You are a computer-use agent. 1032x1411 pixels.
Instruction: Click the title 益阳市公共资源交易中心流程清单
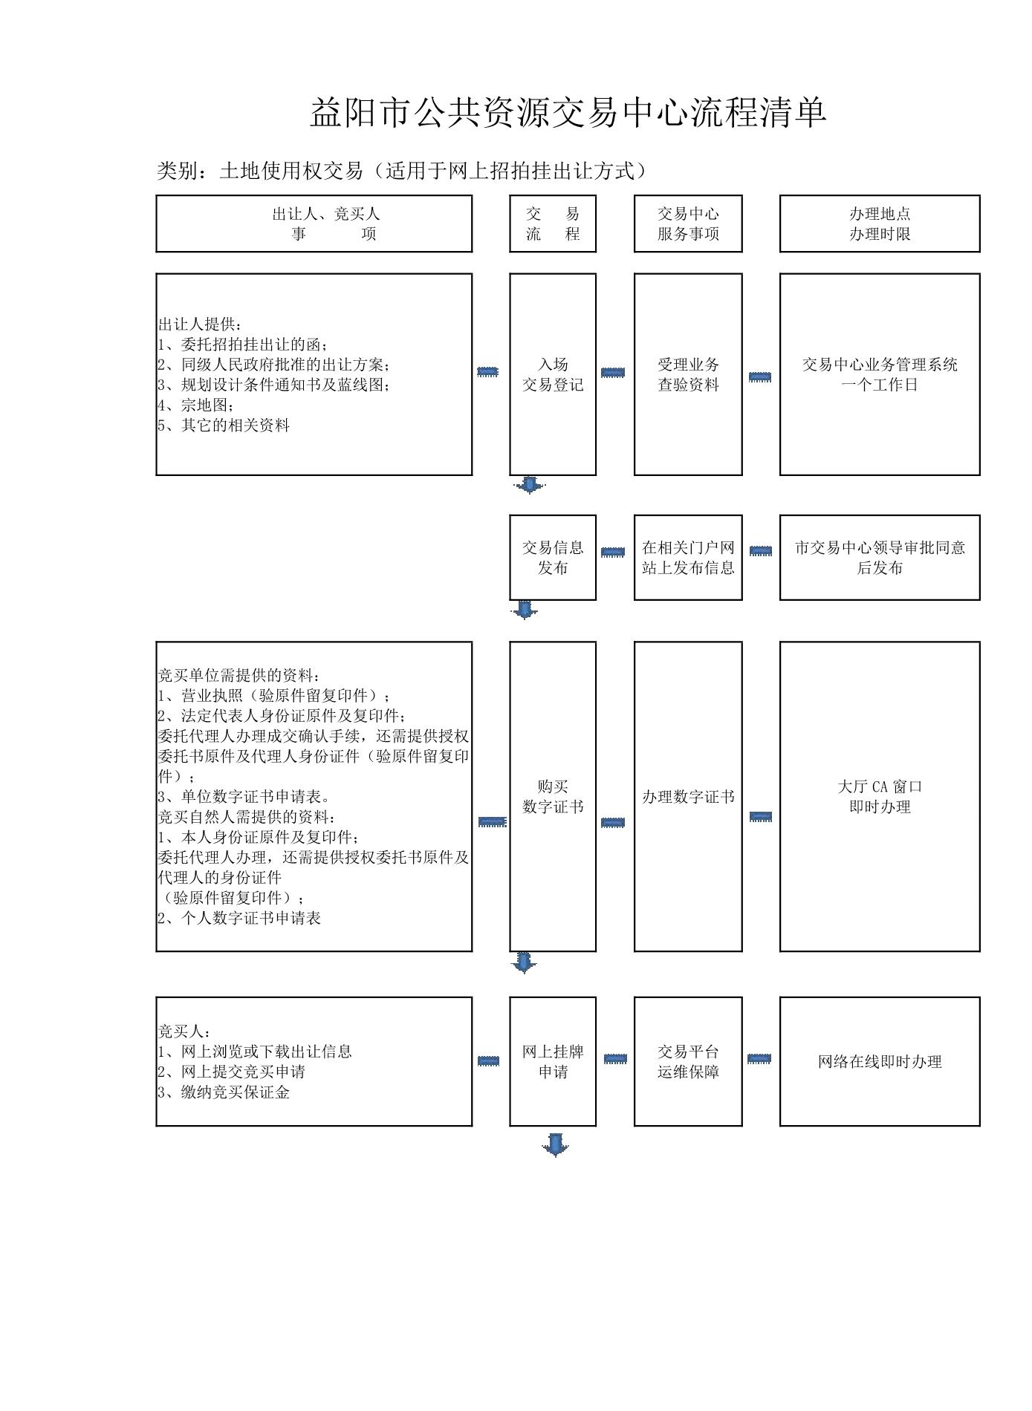[568, 113]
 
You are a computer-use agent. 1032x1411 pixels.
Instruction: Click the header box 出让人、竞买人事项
[314, 224]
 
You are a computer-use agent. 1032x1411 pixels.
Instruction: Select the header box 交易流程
[553, 224]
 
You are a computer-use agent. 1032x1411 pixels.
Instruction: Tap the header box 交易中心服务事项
[688, 224]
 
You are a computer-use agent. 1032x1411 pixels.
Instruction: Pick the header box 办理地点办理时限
[880, 224]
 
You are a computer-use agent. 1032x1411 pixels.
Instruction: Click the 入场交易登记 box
[553, 374]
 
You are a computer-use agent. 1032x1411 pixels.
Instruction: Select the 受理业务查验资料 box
[688, 374]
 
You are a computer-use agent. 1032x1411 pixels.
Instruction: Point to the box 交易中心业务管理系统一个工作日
[880, 374]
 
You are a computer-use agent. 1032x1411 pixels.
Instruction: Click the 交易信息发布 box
[553, 558]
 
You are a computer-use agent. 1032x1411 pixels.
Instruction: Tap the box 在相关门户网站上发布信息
[688, 558]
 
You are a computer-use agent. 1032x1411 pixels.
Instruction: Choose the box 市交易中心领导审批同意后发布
[880, 558]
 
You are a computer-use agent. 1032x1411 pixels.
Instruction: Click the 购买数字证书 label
[553, 797]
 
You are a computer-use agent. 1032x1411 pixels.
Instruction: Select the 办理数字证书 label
[688, 797]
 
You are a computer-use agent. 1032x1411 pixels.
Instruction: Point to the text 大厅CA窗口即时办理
[880, 797]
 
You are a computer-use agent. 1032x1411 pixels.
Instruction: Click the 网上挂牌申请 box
[553, 1062]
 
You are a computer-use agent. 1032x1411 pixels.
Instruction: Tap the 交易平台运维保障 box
[688, 1062]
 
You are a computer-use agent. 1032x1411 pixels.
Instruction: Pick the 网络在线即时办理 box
[880, 1062]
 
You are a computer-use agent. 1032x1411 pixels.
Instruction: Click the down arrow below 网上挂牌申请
[555, 1145]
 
